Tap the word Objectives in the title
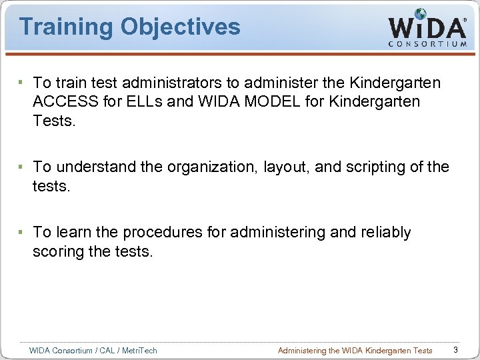(x=180, y=27)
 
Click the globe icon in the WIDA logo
(x=420, y=15)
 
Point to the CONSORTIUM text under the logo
(x=427, y=44)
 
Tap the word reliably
(x=386, y=232)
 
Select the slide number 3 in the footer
(x=455, y=350)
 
